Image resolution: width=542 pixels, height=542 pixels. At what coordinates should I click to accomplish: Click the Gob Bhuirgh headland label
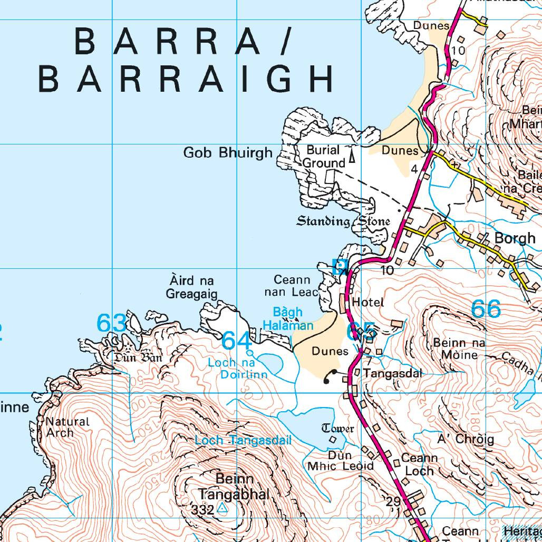click(228, 153)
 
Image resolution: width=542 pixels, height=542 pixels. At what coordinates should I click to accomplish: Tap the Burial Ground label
click(323, 157)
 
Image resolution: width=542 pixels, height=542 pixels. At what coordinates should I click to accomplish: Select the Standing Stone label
click(343, 221)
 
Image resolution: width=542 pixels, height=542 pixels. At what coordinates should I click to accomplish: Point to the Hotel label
click(367, 302)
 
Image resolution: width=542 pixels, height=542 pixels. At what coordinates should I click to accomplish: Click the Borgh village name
click(515, 238)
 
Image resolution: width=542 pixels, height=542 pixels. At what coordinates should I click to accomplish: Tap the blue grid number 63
click(111, 323)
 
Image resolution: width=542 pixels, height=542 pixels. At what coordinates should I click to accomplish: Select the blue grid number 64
click(237, 341)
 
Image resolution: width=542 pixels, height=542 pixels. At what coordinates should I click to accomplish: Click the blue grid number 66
click(486, 309)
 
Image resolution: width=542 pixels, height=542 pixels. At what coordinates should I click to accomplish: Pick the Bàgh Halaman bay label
click(288, 319)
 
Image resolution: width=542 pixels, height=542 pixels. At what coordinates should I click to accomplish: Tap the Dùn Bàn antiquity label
click(136, 359)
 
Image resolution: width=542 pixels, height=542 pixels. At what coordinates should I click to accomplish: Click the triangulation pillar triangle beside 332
click(222, 509)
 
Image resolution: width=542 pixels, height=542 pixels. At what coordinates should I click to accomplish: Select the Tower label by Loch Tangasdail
click(337, 428)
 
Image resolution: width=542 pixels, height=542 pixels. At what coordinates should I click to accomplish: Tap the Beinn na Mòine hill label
click(459, 349)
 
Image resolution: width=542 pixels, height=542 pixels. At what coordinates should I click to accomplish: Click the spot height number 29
click(393, 501)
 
